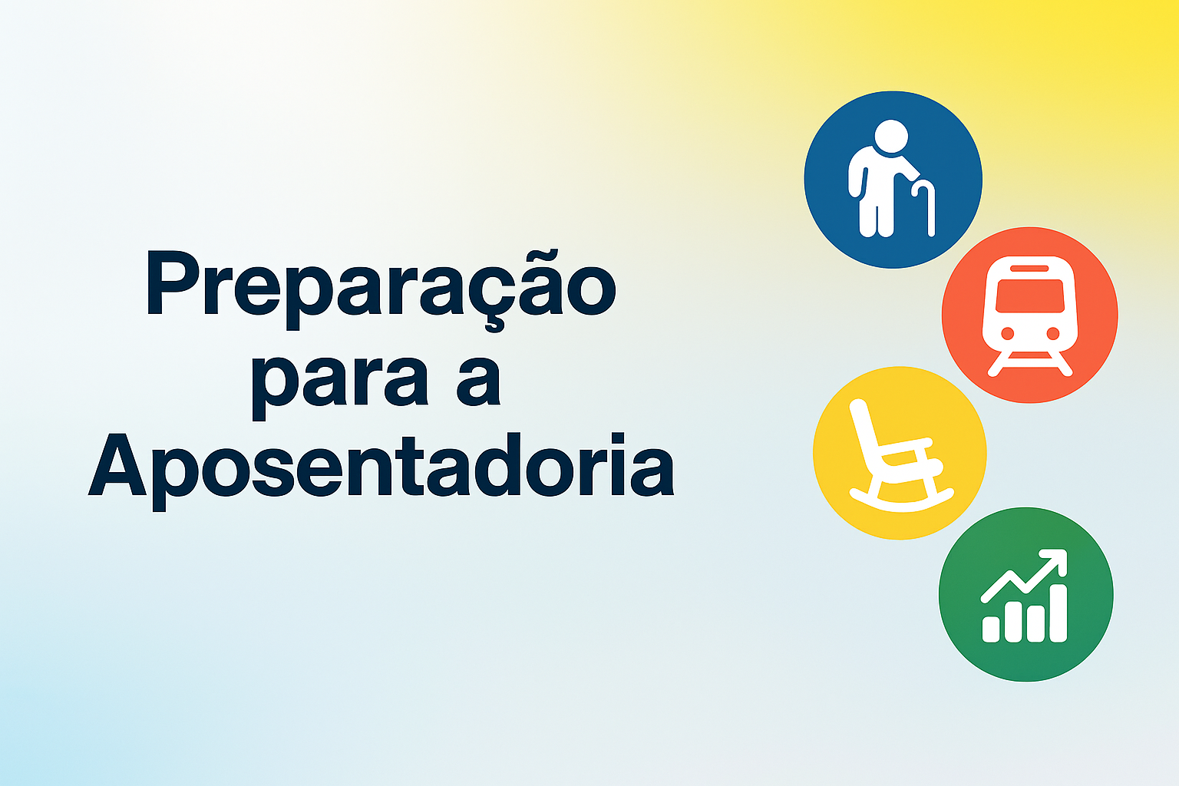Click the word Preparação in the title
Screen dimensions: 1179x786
point(381,289)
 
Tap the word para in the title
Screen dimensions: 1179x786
point(340,387)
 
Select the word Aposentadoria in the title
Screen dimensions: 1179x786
point(381,471)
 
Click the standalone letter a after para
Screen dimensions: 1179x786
point(478,380)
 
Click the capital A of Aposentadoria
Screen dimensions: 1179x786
point(117,464)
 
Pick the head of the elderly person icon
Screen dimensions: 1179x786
point(891,137)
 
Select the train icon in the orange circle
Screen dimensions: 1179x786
point(1029,316)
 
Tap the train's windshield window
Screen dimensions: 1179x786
point(1029,296)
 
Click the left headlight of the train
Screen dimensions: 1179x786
point(1007,333)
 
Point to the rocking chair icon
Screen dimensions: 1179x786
point(901,455)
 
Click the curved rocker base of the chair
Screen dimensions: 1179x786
point(901,502)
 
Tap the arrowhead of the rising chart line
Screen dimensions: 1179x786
point(1055,561)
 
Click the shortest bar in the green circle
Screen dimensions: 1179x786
point(991,629)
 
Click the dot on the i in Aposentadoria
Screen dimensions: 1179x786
point(618,439)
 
